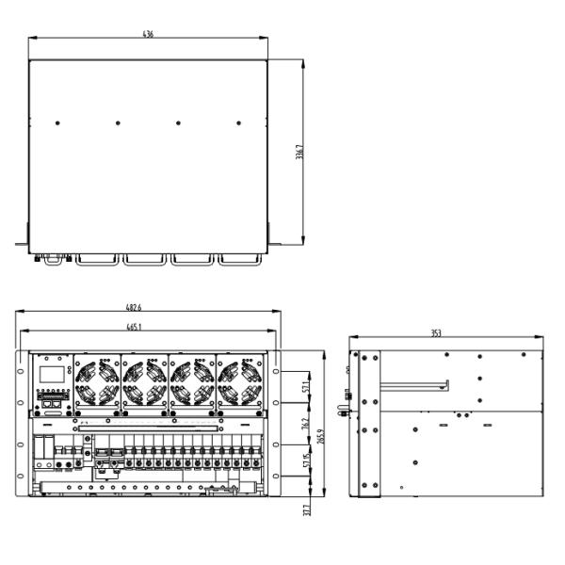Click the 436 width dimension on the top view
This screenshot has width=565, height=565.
pyautogui.click(x=148, y=33)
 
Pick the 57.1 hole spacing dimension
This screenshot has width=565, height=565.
pyautogui.click(x=305, y=387)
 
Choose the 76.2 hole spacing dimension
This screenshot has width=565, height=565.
pyautogui.click(x=305, y=426)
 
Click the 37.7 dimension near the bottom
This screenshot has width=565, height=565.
pyautogui.click(x=306, y=510)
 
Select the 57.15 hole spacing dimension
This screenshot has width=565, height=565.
pyautogui.click(x=305, y=462)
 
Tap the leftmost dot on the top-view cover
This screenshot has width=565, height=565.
pyautogui.click(x=57, y=123)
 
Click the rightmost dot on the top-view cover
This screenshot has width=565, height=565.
pyautogui.click(x=238, y=123)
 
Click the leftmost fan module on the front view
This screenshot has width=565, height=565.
pyautogui.click(x=98, y=382)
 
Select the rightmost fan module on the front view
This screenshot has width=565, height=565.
pyautogui.click(x=240, y=382)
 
